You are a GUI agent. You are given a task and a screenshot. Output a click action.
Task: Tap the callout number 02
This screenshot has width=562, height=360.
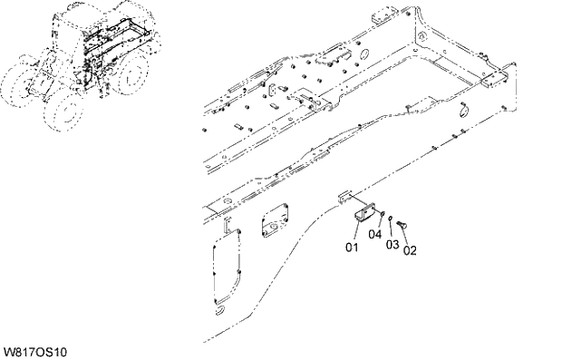410,250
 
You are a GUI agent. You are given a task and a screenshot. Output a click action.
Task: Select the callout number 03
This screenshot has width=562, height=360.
392,244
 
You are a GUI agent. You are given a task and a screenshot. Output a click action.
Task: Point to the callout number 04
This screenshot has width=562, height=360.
374,235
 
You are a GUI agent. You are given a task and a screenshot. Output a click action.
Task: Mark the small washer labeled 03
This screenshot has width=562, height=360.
389,219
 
